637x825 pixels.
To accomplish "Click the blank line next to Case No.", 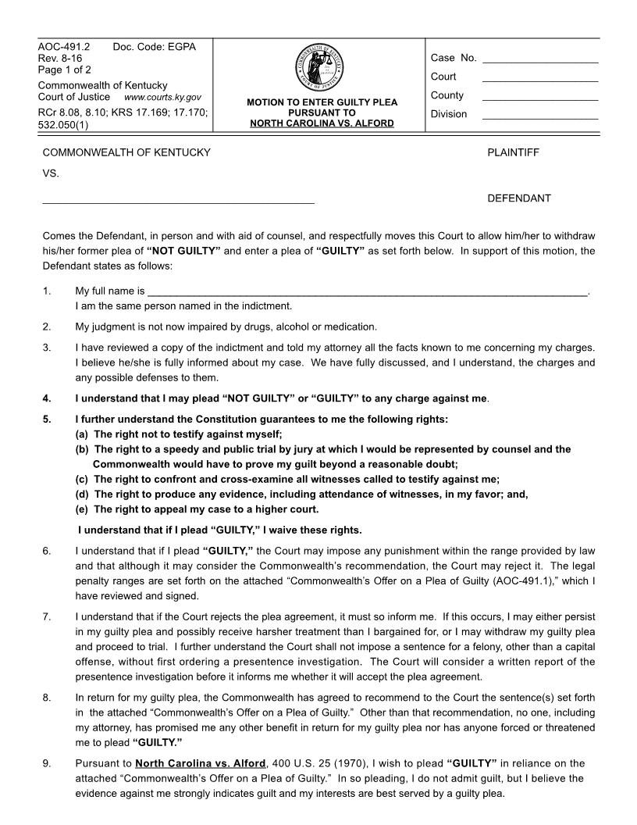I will (x=540, y=61).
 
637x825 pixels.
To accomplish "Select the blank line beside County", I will (x=540, y=99).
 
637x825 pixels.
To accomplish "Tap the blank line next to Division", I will (x=540, y=118).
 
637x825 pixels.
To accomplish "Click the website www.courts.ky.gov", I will (x=162, y=98).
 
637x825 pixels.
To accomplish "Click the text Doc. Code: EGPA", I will (x=155, y=48).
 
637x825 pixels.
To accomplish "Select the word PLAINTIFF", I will (x=513, y=152).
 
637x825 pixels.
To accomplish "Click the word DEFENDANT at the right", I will (x=519, y=198).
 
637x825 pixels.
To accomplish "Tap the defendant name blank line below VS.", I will (x=178, y=202).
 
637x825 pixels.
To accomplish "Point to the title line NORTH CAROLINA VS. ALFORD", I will (x=322, y=123).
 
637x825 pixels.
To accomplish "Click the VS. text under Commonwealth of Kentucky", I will (x=51, y=174).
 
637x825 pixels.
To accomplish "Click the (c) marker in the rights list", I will (x=82, y=480).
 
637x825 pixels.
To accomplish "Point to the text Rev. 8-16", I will (x=60, y=59).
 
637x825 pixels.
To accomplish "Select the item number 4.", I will (x=47, y=398).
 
